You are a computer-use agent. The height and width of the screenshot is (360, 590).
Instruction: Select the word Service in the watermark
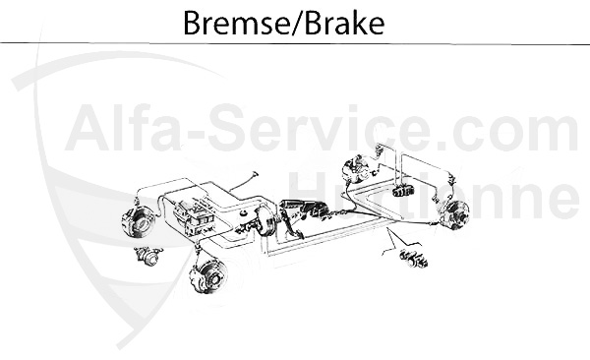click(x=295, y=129)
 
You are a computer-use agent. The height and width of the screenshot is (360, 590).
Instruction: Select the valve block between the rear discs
click(x=402, y=187)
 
